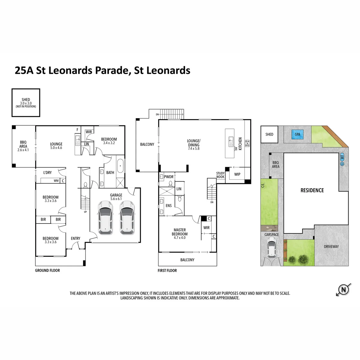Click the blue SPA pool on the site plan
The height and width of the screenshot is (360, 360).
click(297, 134)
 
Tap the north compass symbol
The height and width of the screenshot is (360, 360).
click(343, 289)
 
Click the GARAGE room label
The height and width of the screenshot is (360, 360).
click(116, 195)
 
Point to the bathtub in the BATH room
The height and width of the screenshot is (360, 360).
click(120, 166)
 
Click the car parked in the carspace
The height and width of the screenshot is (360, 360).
click(271, 247)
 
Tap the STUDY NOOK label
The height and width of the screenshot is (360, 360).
click(220, 175)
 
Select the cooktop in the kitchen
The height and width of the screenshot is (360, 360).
click(247, 143)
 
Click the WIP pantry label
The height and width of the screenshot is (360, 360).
click(237, 174)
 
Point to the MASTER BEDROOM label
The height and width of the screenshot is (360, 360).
click(179, 232)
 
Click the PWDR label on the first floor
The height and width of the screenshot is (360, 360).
click(169, 177)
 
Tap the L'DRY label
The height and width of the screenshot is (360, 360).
click(47, 172)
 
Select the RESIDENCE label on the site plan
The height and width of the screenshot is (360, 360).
click(312, 190)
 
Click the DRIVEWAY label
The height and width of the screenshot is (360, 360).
click(331, 247)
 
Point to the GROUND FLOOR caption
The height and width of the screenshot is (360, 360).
click(47, 270)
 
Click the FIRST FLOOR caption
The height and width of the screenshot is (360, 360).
click(167, 270)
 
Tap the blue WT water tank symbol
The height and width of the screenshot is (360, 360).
click(342, 157)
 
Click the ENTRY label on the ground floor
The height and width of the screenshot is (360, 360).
click(76, 238)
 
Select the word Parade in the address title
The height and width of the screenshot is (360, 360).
click(112, 70)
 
